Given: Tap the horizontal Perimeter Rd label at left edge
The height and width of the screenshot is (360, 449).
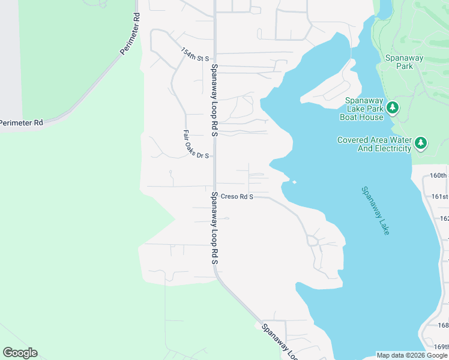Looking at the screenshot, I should (22, 122).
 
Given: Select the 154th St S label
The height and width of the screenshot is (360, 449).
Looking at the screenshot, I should (195, 55).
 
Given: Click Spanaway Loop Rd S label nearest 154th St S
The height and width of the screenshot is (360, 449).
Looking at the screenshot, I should (213, 100).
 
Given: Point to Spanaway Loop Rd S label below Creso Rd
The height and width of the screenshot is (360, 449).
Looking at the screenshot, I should (214, 228).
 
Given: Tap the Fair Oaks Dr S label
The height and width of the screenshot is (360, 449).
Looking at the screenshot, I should (196, 145).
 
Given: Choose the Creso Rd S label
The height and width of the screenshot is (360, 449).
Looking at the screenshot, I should (237, 196).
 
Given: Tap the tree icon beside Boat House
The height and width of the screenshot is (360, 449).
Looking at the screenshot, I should (393, 108).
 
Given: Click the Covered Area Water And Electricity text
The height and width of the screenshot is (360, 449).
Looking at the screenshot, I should (375, 144).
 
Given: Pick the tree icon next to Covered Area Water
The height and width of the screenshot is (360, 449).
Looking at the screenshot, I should (421, 143).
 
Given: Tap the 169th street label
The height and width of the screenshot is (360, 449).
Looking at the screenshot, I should (441, 346).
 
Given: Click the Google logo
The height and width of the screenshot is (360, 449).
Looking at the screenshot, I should (20, 353).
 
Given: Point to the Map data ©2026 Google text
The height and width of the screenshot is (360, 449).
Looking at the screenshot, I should (412, 355).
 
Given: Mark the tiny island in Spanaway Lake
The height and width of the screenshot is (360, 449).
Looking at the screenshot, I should (294, 182).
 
